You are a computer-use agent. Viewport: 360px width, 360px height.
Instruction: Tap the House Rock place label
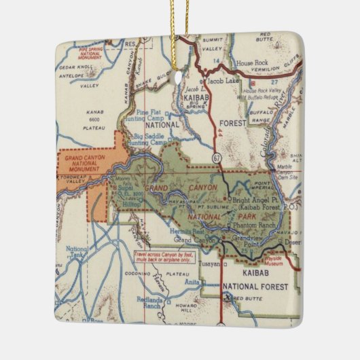(253, 63)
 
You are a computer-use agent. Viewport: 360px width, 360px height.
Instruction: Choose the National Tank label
(77, 253)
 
